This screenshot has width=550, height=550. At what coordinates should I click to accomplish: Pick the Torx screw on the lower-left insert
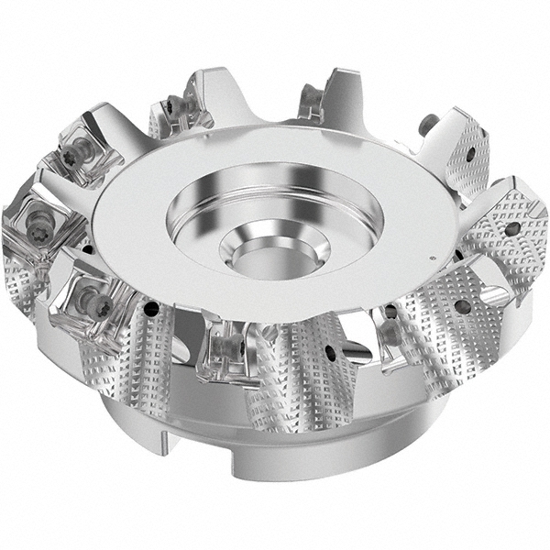pos(92,298)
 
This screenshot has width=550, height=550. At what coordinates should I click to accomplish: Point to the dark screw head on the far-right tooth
pos(427,121)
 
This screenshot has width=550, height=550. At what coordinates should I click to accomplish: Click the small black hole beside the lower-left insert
pos(87,247)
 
